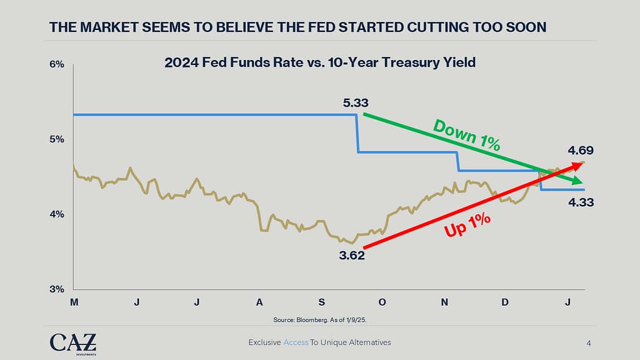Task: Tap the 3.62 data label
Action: [352, 255]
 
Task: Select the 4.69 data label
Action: [581, 150]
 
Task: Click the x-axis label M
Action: [74, 302]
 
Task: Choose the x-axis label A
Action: [259, 302]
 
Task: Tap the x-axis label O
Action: [382, 302]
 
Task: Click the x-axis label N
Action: [444, 302]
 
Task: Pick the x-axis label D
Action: [505, 302]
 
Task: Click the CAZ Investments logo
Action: [73, 342]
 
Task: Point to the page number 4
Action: [589, 342]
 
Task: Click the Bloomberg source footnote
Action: [319, 320]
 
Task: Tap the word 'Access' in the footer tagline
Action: [296, 342]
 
